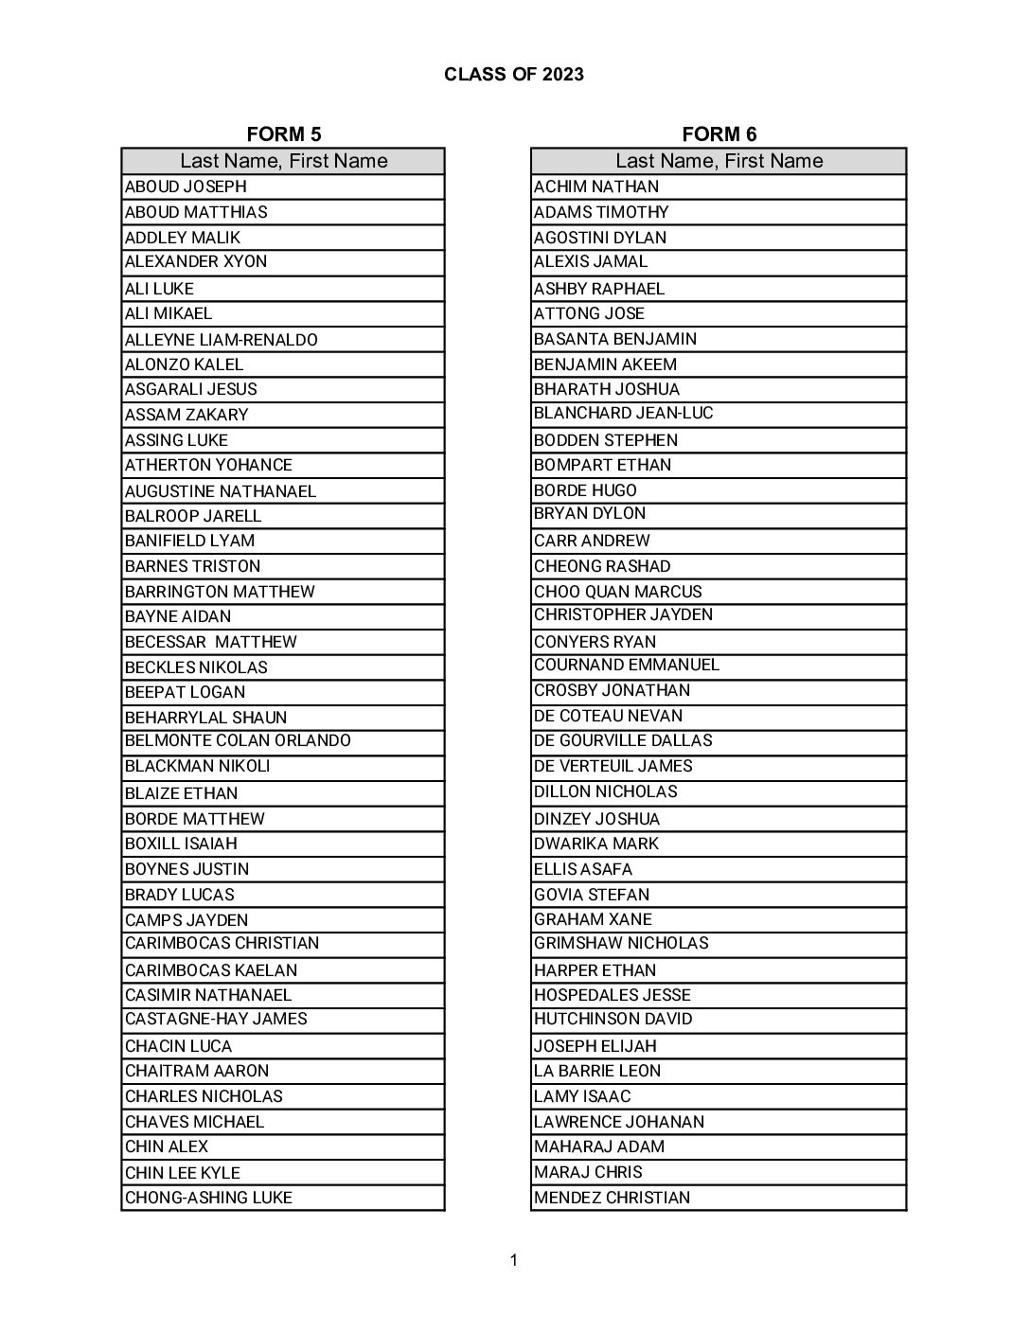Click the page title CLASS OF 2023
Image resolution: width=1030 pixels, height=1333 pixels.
pyautogui.click(x=513, y=75)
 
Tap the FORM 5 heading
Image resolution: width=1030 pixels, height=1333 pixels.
pyautogui.click(x=283, y=134)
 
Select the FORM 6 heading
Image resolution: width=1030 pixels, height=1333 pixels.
pyautogui.click(x=719, y=134)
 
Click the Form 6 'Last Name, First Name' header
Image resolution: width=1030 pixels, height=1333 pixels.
pyautogui.click(x=719, y=161)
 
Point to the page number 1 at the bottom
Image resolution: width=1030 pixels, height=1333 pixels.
pyautogui.click(x=513, y=1259)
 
